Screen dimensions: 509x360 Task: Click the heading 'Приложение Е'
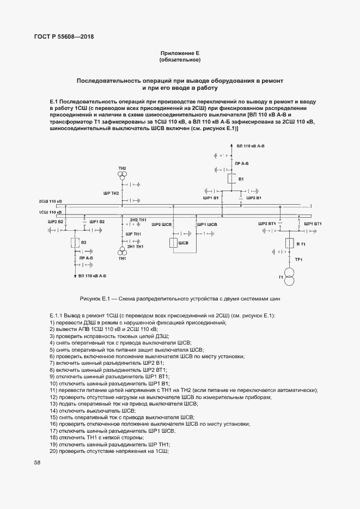[180, 53]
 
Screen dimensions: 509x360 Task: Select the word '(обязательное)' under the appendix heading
[180, 59]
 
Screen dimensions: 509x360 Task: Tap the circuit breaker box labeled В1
[230, 179]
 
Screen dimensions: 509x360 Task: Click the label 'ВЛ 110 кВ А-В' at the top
[251, 146]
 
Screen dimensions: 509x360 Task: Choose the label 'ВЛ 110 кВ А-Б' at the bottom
[91, 277]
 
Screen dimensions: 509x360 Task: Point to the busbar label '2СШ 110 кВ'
[50, 201]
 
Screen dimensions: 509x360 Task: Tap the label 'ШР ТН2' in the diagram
[111, 193]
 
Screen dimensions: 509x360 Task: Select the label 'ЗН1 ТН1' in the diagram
[135, 247]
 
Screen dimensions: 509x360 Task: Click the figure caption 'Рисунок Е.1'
[180, 299]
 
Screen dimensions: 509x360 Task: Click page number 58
[37, 462]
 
